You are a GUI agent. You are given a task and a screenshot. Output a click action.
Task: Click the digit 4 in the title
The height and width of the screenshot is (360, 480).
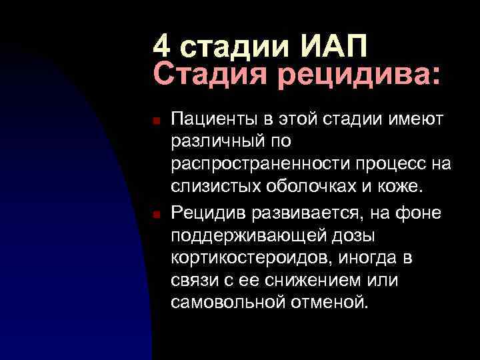162,47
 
